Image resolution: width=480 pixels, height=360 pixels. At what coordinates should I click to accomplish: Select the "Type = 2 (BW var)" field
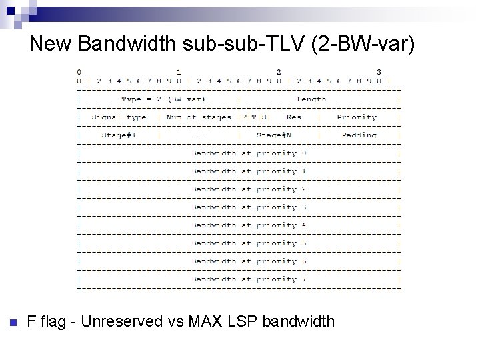click(158, 99)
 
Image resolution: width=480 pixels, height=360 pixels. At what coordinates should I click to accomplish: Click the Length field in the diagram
click(311, 99)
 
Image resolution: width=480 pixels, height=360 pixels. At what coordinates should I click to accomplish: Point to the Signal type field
click(119, 117)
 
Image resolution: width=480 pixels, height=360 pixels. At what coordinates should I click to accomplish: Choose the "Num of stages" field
click(199, 117)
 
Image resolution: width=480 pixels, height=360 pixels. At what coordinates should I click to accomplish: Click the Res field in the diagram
click(294, 117)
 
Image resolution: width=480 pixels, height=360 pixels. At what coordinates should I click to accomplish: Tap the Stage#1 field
click(119, 135)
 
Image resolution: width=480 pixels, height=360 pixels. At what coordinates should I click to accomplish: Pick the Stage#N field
click(278, 135)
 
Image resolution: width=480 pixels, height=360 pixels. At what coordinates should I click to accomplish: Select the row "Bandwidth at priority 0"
click(249, 153)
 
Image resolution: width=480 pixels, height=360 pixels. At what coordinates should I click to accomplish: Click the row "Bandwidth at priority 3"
click(249, 207)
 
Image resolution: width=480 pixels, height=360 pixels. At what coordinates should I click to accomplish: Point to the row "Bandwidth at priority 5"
click(249, 243)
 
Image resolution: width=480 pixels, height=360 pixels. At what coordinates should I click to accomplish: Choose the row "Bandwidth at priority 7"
click(249, 279)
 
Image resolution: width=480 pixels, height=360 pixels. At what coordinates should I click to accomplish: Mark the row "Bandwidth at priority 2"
click(249, 189)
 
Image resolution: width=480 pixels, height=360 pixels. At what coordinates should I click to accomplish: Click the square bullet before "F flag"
click(13, 323)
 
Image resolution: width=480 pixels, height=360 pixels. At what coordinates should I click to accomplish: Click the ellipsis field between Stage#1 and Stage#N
click(198, 135)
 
